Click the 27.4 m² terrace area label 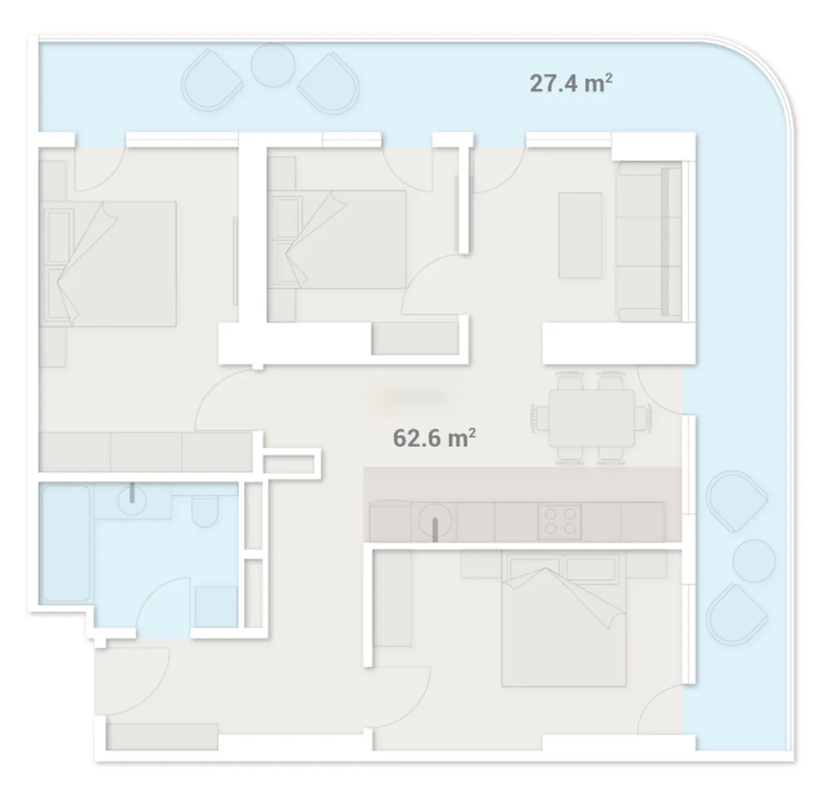pyautogui.click(x=570, y=83)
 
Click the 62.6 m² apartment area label pyautogui.click(x=434, y=438)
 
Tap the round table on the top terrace pyautogui.click(x=272, y=65)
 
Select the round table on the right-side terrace pyautogui.click(x=754, y=561)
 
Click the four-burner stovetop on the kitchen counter pyautogui.click(x=560, y=522)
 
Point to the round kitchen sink pyautogui.click(x=435, y=521)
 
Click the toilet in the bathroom pyautogui.click(x=204, y=510)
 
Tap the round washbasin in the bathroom pyautogui.click(x=131, y=500)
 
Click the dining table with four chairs pyautogui.click(x=592, y=418)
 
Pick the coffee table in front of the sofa pyautogui.click(x=580, y=235)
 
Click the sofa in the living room pyautogui.click(x=648, y=242)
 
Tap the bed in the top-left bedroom pyautogui.click(x=108, y=264)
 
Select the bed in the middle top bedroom pyautogui.click(x=337, y=240)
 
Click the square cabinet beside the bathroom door pyautogui.click(x=216, y=606)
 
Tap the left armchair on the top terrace pyautogui.click(x=212, y=80)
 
